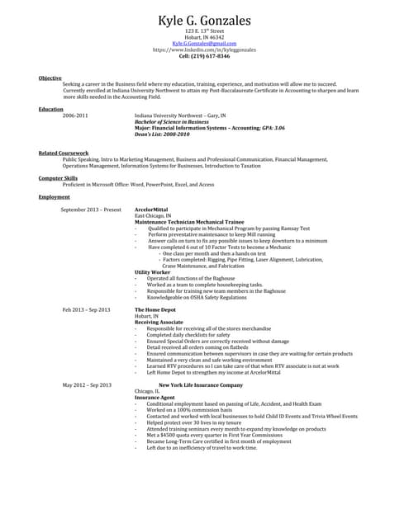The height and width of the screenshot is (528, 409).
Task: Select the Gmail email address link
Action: [204, 43]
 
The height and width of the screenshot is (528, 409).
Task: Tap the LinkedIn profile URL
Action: [204, 49]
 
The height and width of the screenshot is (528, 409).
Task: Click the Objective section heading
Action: [50, 78]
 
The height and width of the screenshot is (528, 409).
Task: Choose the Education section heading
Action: [50, 109]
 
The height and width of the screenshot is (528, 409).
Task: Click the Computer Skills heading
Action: [58, 177]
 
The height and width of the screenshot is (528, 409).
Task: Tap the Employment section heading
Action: [54, 197]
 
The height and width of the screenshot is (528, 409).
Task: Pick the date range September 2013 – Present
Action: [91, 210]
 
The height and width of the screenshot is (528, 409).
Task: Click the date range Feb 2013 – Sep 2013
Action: [86, 309]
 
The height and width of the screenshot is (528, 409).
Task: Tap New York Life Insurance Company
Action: [201, 384]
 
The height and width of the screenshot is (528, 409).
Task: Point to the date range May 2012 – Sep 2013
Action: [87, 384]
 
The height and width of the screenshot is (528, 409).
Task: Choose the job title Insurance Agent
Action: [154, 397]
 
